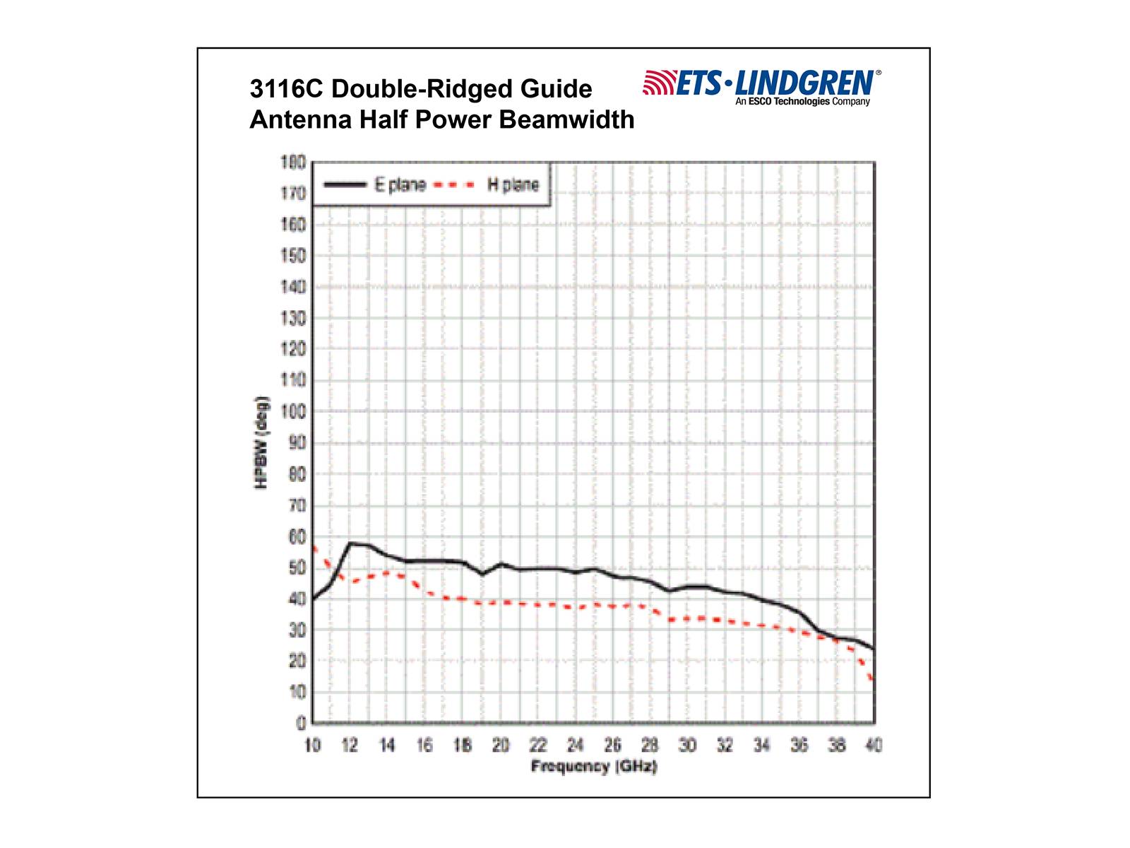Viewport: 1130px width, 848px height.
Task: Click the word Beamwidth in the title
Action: click(x=569, y=119)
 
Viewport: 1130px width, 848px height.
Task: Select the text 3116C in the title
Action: click(x=286, y=89)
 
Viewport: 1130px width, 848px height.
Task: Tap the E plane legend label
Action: click(x=400, y=185)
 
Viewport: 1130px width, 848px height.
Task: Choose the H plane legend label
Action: click(x=513, y=185)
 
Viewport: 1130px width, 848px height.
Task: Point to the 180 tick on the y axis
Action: click(x=293, y=163)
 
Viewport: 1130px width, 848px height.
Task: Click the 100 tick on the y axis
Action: click(x=293, y=411)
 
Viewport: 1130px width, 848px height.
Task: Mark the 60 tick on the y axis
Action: click(x=297, y=537)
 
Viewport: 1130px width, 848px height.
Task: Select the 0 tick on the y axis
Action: click(x=301, y=723)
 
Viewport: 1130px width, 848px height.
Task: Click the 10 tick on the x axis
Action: click(x=312, y=745)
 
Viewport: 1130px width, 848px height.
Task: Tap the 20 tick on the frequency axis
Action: click(x=500, y=745)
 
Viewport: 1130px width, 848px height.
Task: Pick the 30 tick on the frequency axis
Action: click(x=687, y=745)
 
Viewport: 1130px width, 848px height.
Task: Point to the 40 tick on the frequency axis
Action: click(x=874, y=745)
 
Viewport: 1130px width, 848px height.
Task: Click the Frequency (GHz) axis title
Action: click(x=594, y=767)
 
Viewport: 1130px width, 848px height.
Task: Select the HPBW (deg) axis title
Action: click(x=261, y=442)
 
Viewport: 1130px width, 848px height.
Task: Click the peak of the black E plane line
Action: click(x=351, y=543)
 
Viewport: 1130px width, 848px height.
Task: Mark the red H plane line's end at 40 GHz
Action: click(x=874, y=681)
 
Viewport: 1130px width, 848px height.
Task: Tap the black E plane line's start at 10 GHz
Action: click(x=313, y=599)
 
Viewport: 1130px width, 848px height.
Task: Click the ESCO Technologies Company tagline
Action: click(x=802, y=102)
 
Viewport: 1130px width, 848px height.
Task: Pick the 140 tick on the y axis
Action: click(x=293, y=287)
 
